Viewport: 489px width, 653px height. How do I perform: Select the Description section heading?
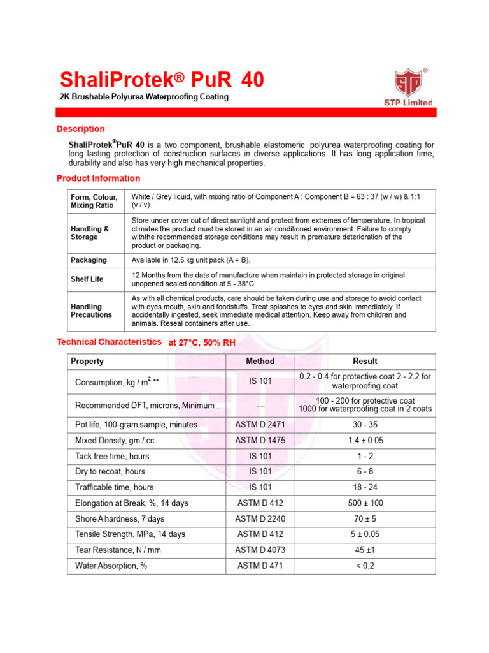tap(81, 129)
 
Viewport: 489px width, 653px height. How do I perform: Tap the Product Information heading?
tap(99, 178)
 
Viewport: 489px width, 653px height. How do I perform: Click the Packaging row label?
tap(89, 260)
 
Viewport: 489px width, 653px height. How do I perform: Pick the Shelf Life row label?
tap(87, 279)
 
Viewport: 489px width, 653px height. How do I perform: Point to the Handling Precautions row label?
tap(91, 311)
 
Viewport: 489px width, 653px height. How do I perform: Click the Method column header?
tap(260, 361)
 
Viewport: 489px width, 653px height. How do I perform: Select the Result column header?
tap(365, 361)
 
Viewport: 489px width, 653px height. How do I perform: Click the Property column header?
tap(87, 361)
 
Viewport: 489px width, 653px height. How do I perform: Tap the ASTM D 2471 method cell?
tap(260, 424)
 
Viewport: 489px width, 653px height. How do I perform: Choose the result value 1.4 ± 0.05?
tap(365, 440)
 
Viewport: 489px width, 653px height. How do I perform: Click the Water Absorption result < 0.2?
tap(365, 565)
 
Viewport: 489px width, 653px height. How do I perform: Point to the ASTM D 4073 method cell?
tap(260, 550)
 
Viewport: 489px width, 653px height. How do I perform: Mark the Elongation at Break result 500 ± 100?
tap(365, 503)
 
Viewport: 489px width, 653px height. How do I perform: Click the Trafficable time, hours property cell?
tap(115, 487)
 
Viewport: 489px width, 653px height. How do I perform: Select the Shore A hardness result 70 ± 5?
tap(365, 518)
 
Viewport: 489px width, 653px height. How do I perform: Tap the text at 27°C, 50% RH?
tap(202, 342)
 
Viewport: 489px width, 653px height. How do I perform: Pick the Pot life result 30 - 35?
tap(365, 424)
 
